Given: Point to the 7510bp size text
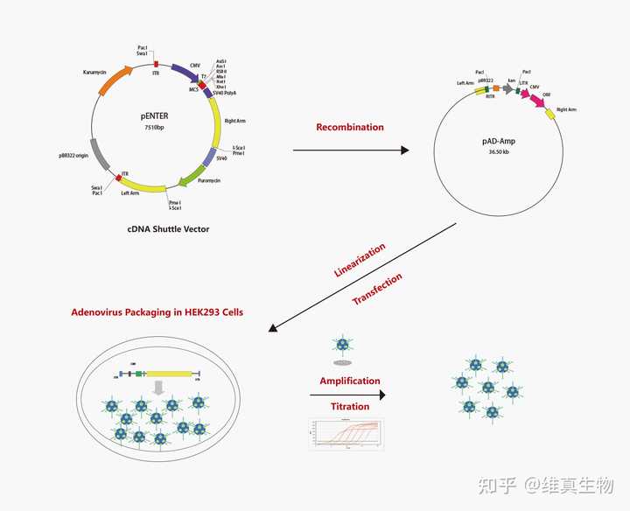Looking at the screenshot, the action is (x=155, y=128).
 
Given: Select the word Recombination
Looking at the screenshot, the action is (x=350, y=127).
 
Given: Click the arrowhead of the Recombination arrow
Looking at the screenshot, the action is (x=404, y=150).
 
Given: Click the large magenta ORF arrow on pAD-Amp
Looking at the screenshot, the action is (x=535, y=101).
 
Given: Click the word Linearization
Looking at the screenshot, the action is (x=360, y=259).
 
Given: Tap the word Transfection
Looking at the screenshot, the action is (x=377, y=289).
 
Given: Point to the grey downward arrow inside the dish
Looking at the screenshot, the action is (x=158, y=387).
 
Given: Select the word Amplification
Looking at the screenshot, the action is (x=350, y=381).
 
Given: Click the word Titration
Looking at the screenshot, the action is (x=350, y=406).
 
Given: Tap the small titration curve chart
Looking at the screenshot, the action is (x=346, y=433).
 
